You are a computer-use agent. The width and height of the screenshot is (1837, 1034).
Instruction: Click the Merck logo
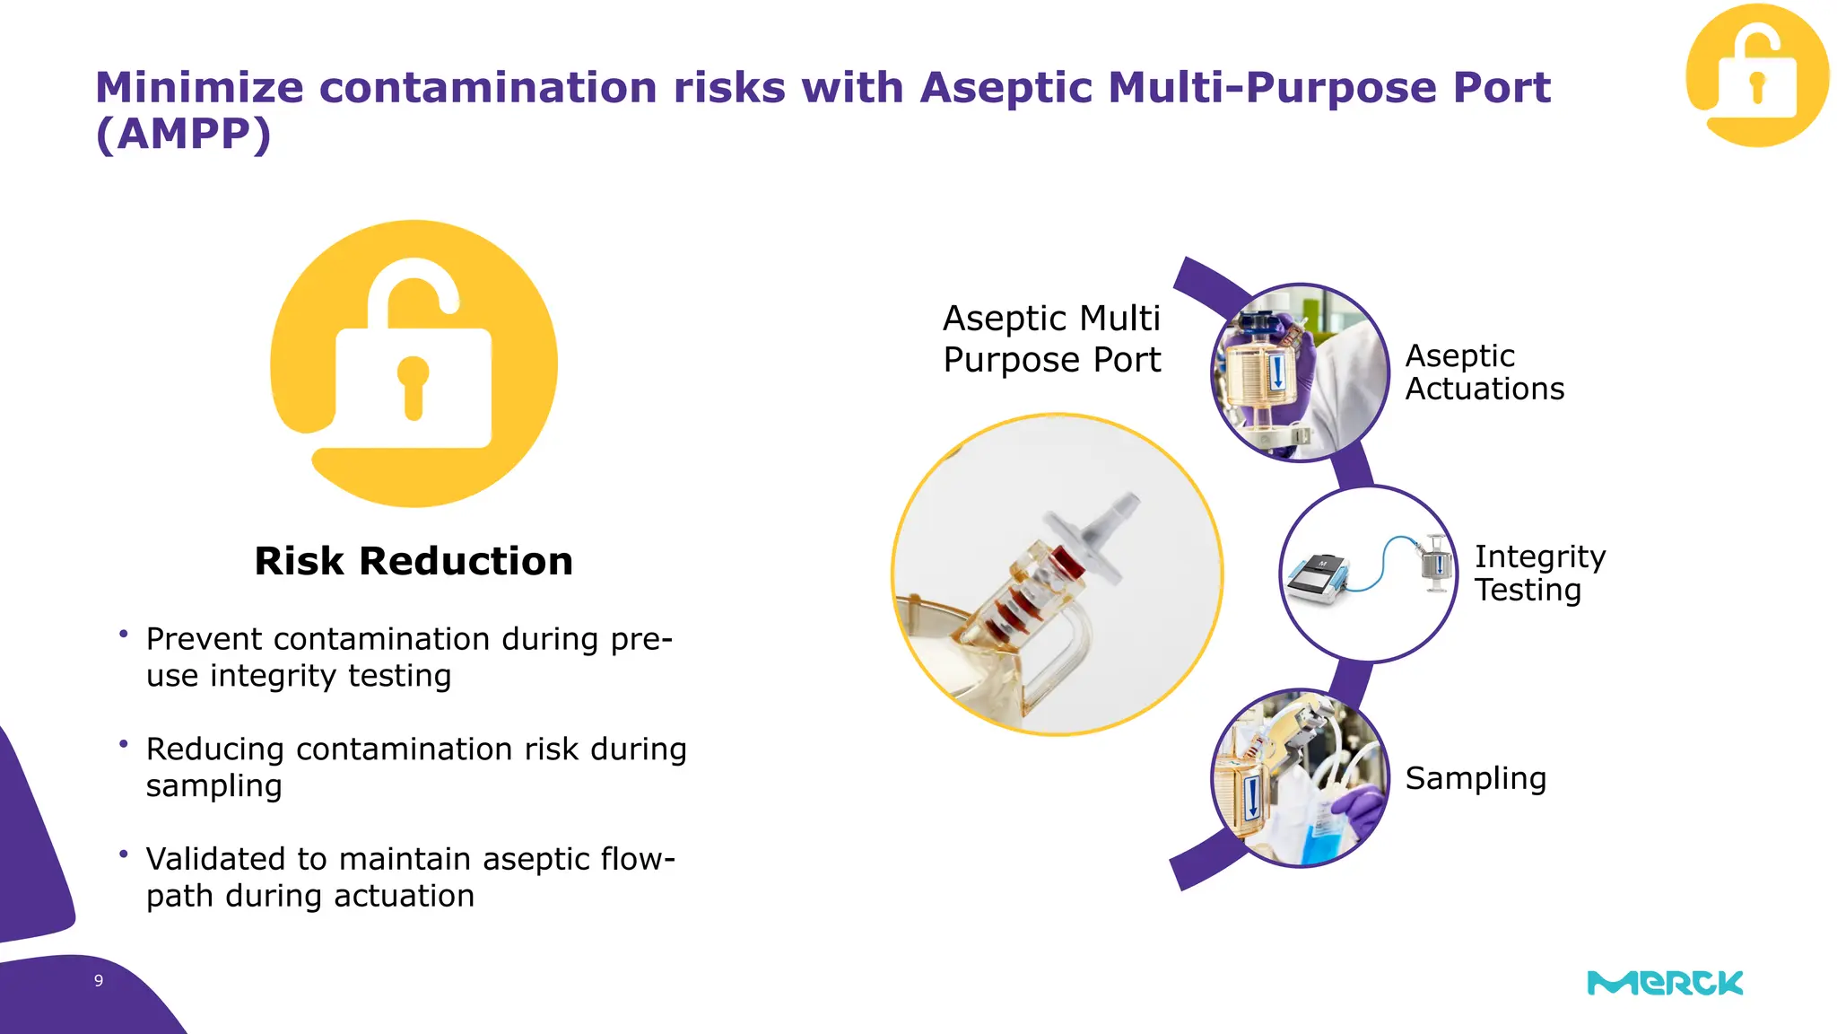[x=1665, y=983]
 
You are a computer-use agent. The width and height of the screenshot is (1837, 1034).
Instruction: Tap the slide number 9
[x=99, y=981]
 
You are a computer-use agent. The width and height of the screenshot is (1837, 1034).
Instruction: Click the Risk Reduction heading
[x=414, y=561]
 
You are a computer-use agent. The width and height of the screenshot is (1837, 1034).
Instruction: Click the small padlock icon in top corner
[x=1756, y=76]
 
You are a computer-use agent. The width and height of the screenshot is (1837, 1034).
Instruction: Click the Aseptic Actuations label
[x=1484, y=372]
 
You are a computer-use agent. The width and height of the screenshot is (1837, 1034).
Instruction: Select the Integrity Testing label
[x=1539, y=574]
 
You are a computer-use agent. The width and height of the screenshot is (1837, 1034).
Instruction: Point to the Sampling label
[x=1476, y=778]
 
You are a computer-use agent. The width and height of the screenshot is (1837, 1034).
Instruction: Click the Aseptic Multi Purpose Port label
[x=1051, y=339]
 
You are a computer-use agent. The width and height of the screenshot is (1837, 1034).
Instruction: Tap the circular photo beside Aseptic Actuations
[x=1300, y=372]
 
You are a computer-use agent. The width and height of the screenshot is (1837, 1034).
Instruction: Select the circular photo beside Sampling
[x=1300, y=778]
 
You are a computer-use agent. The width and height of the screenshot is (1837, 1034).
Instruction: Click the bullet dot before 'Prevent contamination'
[x=123, y=634]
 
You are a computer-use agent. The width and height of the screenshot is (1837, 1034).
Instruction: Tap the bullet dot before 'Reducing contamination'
[x=123, y=744]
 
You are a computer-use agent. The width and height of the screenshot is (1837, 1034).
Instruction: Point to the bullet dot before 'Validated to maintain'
[x=123, y=854]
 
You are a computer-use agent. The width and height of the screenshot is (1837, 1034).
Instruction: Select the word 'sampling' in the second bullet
[x=213, y=786]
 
